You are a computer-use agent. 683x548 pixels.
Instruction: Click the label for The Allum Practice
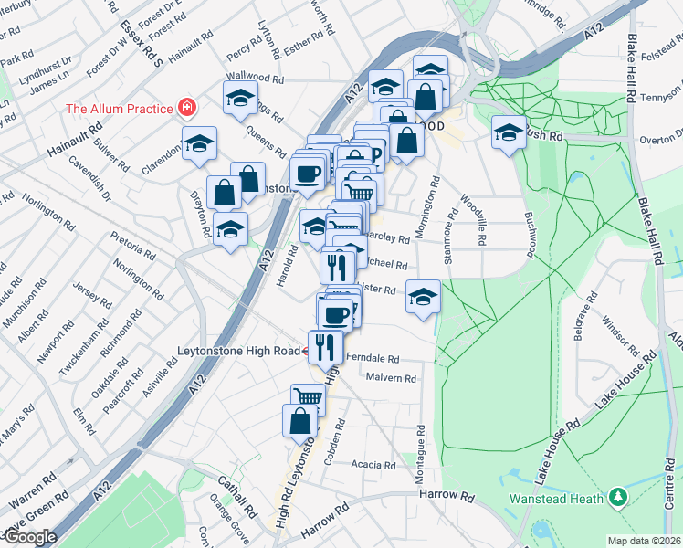[119, 110]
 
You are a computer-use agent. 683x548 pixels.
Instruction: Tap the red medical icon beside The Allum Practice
[187, 109]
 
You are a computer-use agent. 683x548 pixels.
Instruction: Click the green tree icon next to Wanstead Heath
[619, 497]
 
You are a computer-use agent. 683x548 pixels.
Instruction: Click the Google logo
[30, 537]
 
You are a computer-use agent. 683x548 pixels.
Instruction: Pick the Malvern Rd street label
[390, 378]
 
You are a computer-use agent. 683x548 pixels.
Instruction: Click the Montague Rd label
[421, 457]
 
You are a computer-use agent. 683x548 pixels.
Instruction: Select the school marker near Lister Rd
[423, 297]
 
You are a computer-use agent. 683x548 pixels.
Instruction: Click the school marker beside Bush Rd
[509, 132]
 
